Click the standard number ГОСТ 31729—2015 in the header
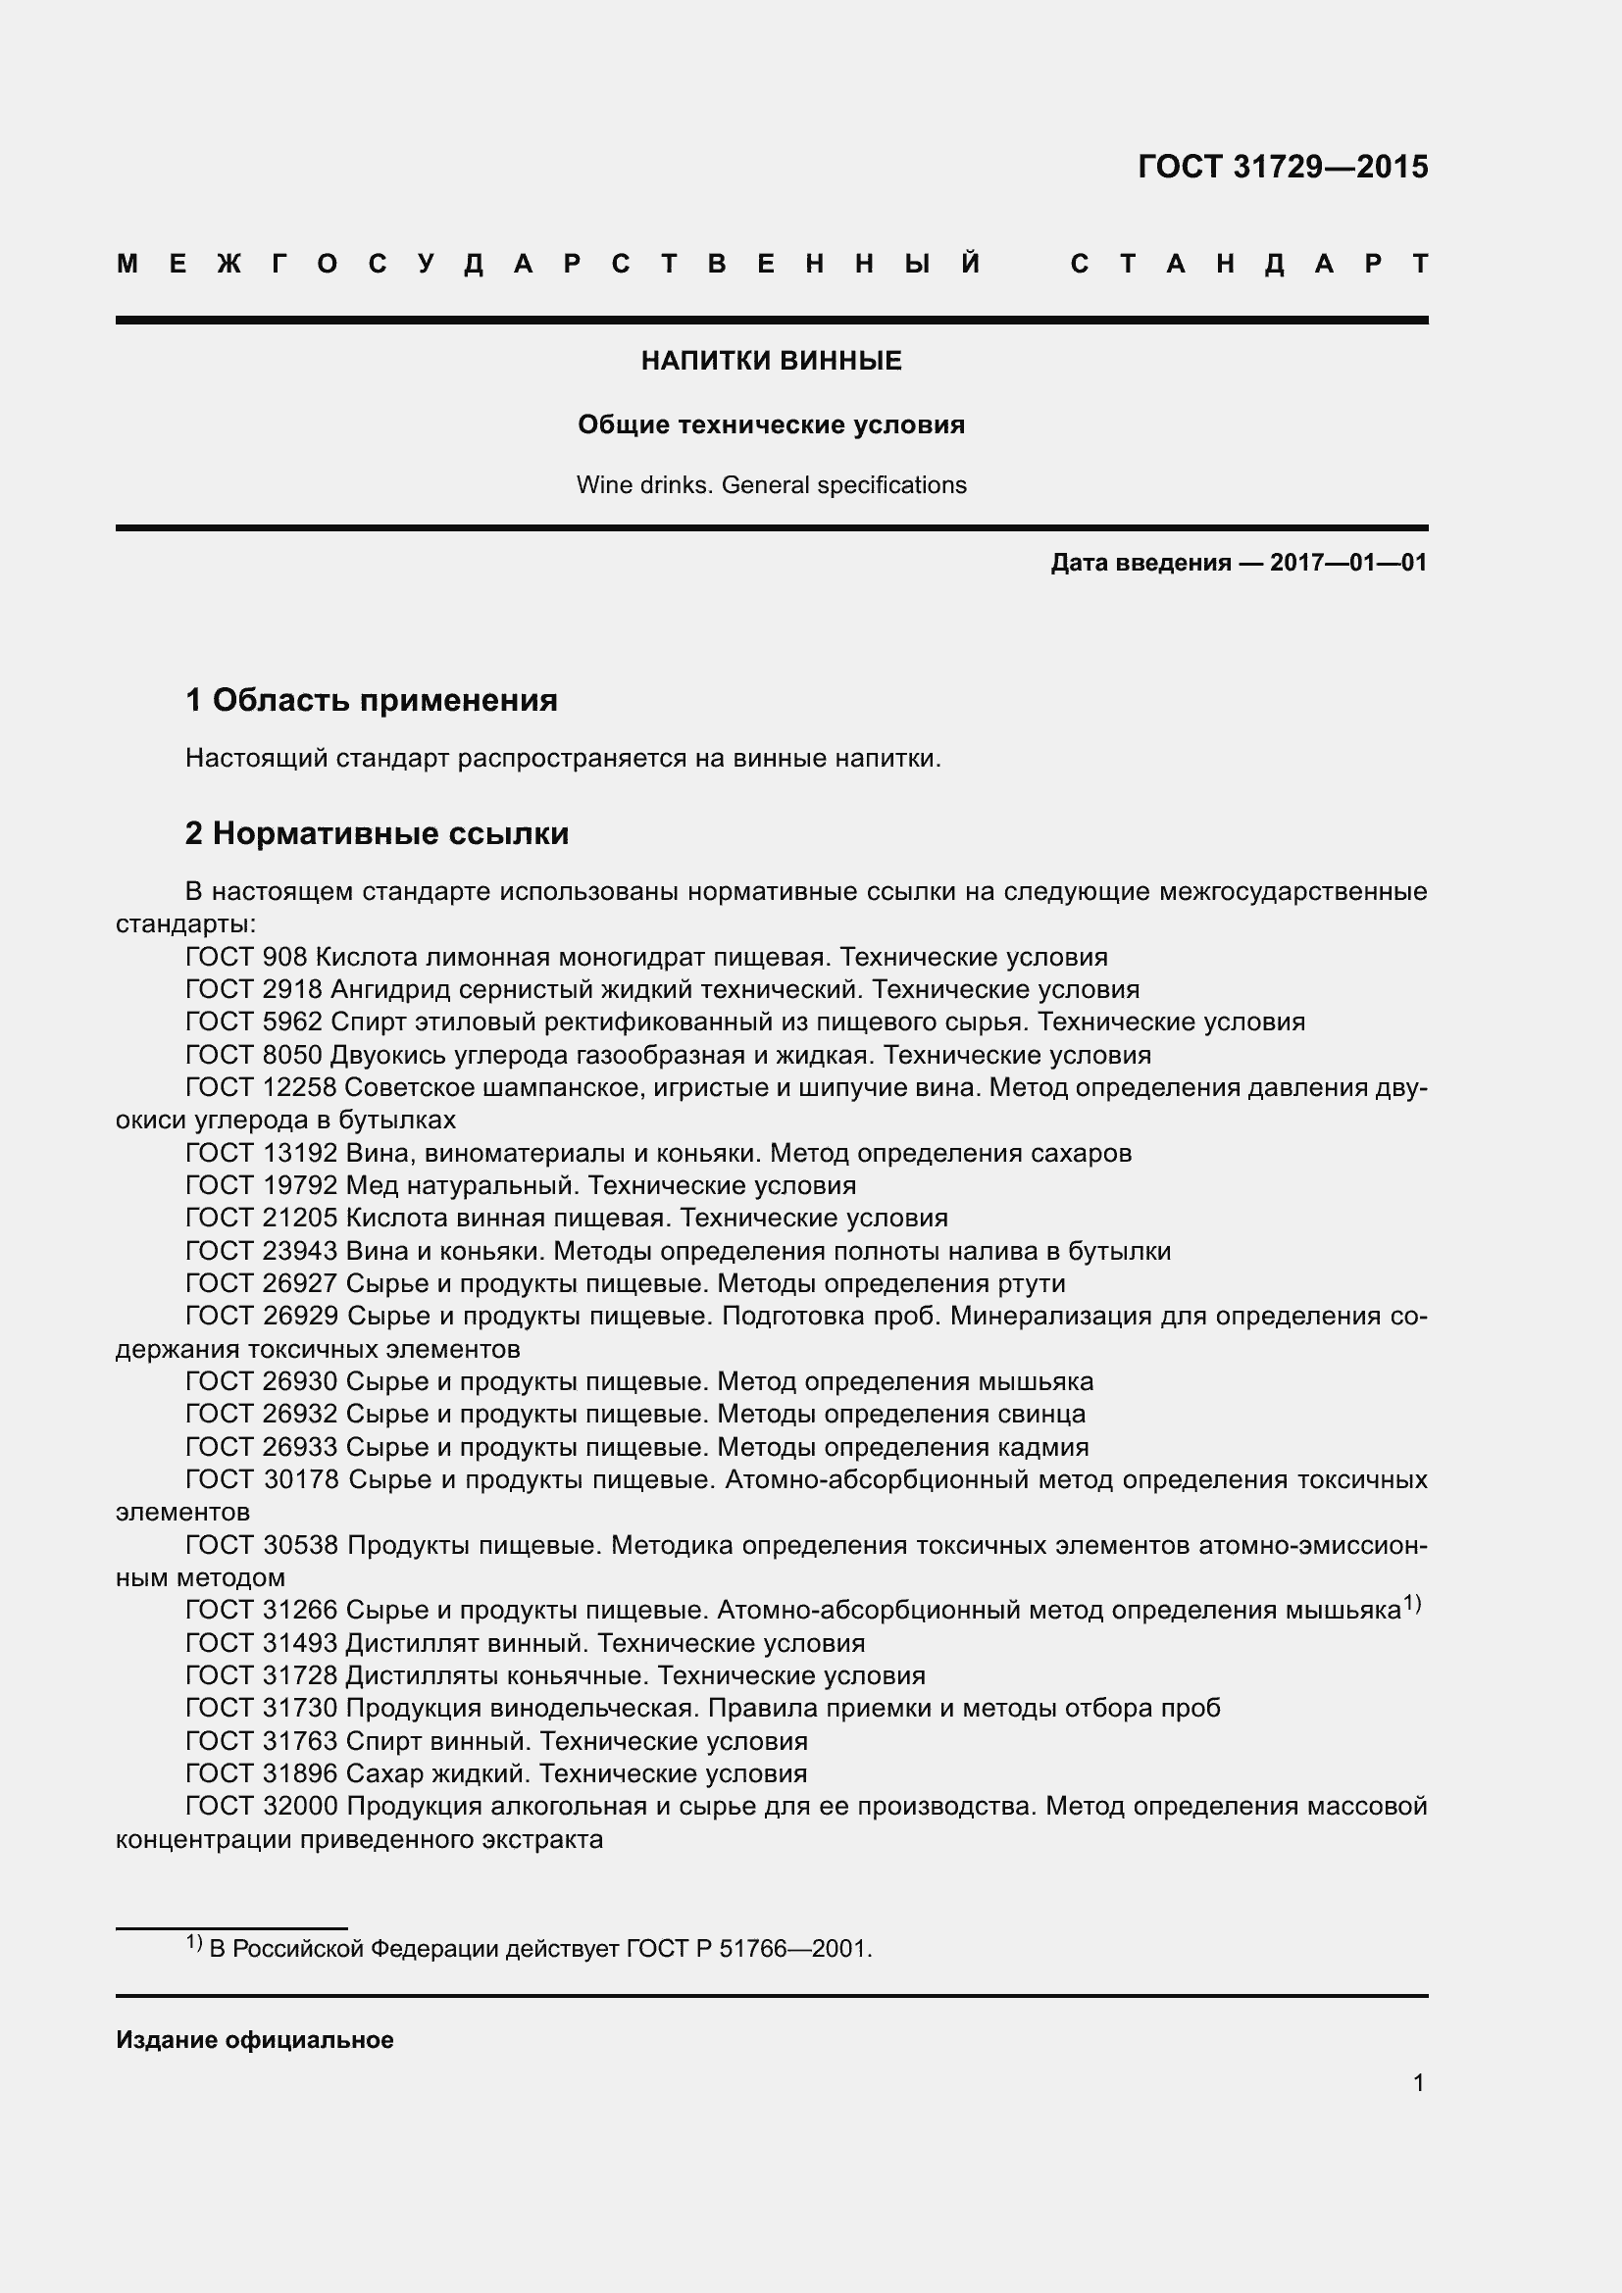1283,167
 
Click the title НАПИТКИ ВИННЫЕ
771,362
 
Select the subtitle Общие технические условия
771,425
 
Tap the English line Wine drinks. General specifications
771,485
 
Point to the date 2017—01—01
1348,564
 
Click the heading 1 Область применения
372,700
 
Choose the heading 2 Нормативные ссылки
377,833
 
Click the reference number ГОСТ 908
246,958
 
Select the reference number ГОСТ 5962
254,1022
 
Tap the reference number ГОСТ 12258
262,1087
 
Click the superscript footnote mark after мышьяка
1411,1604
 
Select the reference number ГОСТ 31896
262,1773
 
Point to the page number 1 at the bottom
1418,2083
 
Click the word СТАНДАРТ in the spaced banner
1249,265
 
